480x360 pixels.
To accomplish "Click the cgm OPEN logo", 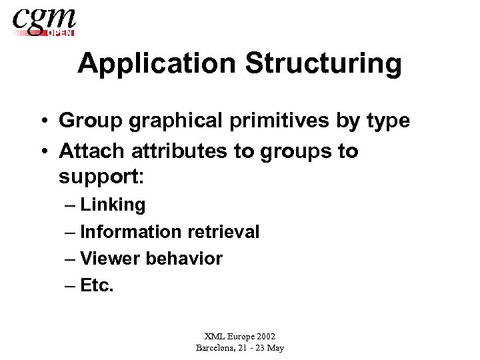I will (44, 21).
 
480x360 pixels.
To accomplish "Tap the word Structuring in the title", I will (324, 64).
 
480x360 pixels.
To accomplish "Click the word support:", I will (100, 179).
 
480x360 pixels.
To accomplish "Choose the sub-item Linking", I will (113, 205).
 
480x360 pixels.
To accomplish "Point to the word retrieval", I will (223, 232).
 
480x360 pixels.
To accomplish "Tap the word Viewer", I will (110, 259).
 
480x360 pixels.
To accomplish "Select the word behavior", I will (184, 259).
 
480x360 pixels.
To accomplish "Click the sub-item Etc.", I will (97, 285).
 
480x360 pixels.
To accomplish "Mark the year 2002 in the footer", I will (264, 337).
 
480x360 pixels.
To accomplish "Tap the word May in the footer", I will (275, 348).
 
